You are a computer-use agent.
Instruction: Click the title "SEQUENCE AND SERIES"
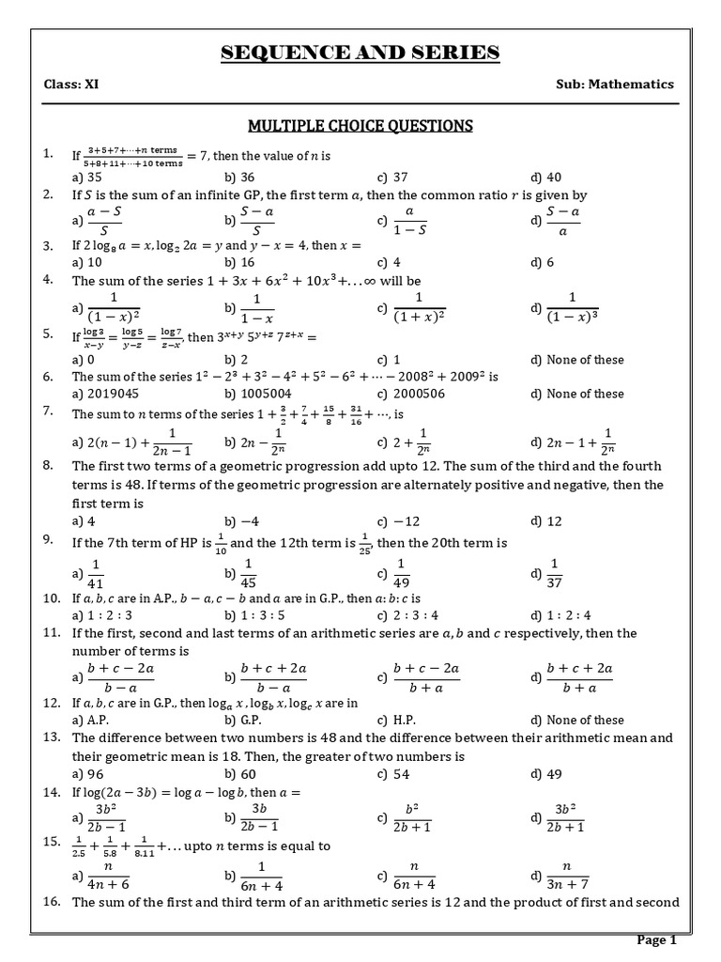point(360,52)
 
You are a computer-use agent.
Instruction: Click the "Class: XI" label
point(71,84)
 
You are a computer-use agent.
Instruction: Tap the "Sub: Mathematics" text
point(615,84)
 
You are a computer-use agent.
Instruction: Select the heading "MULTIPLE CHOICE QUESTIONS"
point(360,125)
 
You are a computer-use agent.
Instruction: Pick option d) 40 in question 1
point(545,176)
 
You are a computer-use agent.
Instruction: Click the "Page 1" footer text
point(657,939)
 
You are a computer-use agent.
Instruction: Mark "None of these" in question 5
point(589,360)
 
